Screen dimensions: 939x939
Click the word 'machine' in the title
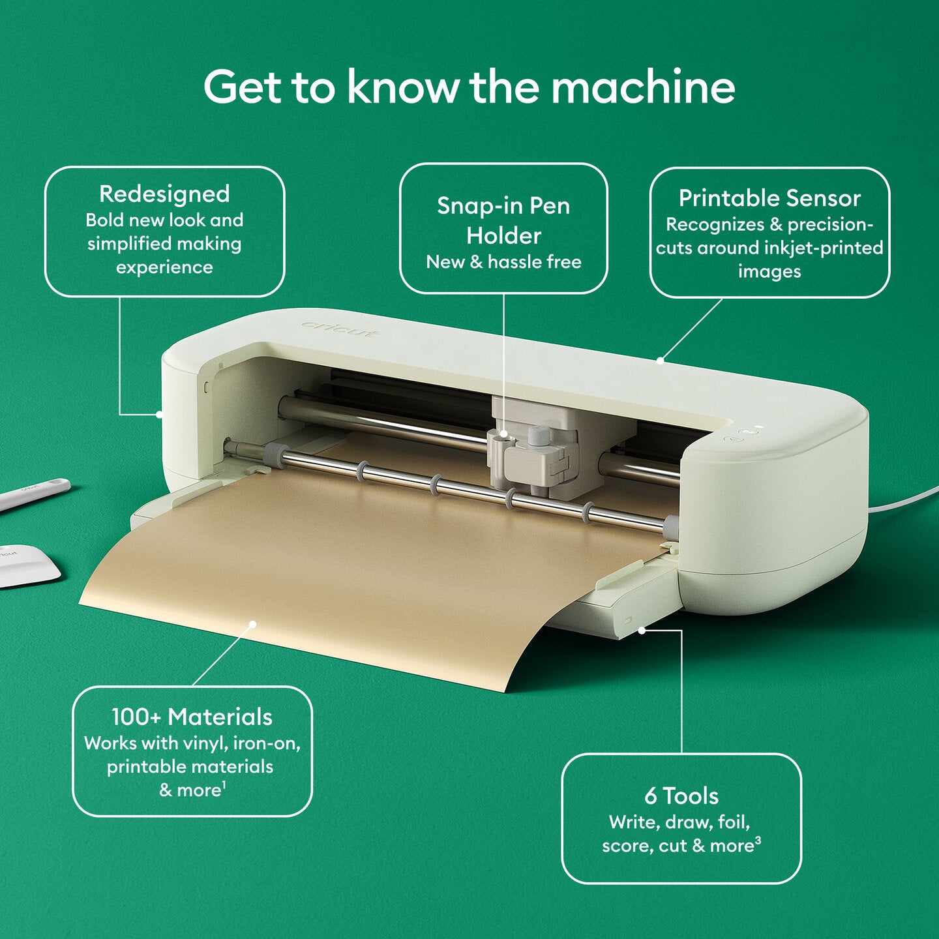pos(643,87)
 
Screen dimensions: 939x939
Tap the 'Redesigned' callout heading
pos(164,194)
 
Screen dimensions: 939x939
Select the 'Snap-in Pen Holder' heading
pos(503,220)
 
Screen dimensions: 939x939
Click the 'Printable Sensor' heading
pos(769,198)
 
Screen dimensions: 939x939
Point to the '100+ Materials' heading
pos(192,717)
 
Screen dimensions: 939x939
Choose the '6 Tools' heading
pos(681,796)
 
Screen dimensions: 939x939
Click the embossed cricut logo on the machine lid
pos(339,329)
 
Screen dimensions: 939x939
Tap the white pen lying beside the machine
pos(33,494)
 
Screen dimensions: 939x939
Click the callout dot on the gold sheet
pos(252,624)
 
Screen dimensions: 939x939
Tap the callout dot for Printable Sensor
pos(660,360)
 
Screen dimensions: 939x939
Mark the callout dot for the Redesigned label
pos(159,413)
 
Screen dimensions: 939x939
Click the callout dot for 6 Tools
pos(642,630)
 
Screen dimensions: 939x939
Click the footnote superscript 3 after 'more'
pos(758,841)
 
